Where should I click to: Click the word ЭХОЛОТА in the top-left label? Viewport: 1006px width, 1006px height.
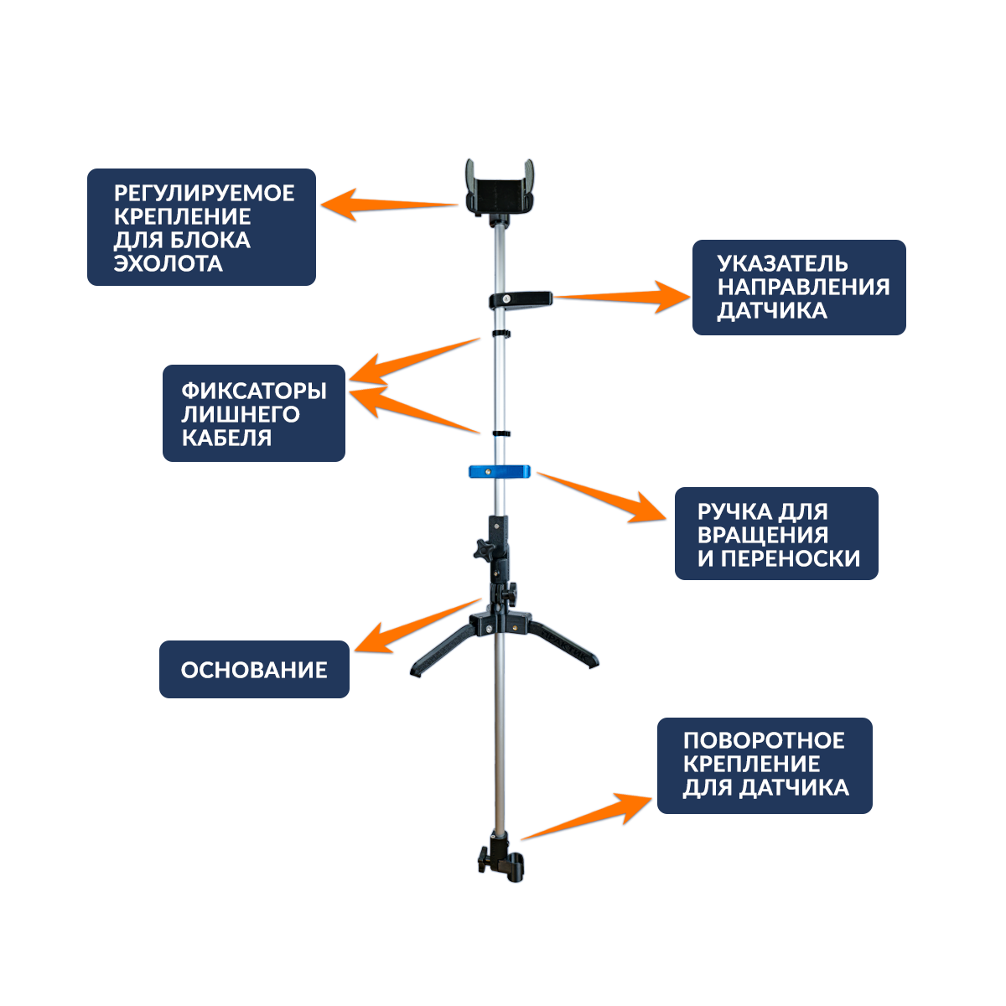click(169, 263)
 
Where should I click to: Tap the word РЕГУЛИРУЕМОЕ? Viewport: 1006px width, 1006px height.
click(205, 193)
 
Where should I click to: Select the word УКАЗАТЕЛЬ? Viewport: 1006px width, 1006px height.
click(782, 263)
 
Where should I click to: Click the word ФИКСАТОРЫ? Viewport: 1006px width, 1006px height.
click(254, 391)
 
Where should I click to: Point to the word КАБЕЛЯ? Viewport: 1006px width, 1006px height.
click(226, 438)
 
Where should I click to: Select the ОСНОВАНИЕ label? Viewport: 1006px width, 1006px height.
click(254, 670)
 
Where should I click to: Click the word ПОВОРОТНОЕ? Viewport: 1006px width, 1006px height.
click(764, 741)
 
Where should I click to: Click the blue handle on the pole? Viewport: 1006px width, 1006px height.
click(500, 471)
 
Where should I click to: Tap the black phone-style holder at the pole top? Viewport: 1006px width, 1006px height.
click(500, 189)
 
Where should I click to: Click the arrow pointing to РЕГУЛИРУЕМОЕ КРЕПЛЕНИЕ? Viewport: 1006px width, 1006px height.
click(390, 204)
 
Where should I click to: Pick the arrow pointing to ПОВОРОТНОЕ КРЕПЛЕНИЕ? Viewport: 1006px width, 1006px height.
click(587, 815)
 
